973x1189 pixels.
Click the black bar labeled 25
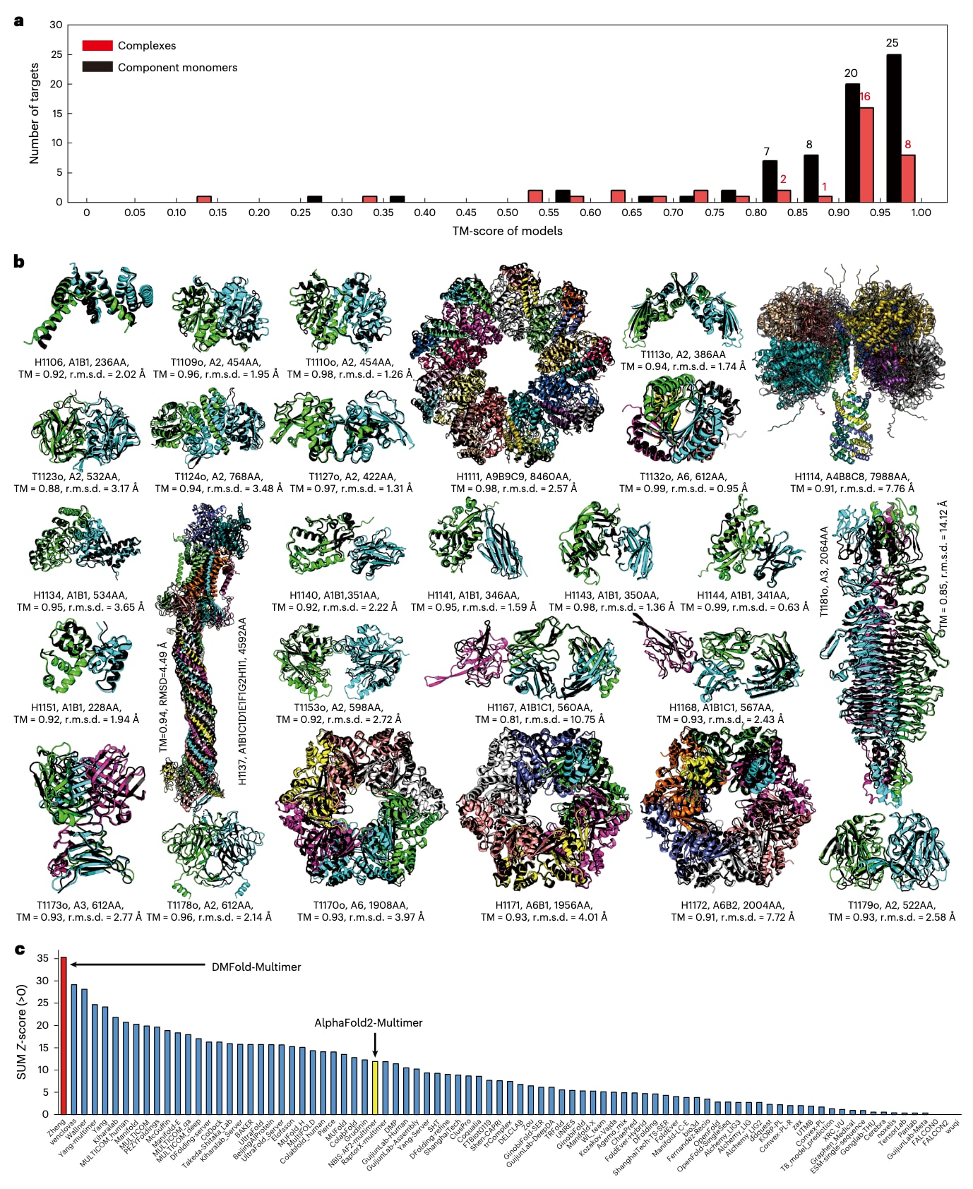coord(893,128)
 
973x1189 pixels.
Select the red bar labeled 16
coord(866,155)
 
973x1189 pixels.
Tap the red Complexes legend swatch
coord(97,46)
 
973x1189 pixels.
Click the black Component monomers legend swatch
coord(97,67)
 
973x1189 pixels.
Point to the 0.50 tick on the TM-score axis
coord(507,213)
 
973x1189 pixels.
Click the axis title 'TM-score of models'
coord(507,231)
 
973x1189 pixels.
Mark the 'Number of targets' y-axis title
coord(34,113)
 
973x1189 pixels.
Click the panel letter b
coord(18,261)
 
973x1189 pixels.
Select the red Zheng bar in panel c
coord(64,1035)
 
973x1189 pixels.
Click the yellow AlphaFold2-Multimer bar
coord(376,1087)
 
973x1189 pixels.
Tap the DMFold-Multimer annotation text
coord(256,967)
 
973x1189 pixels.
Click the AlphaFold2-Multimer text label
coord(368,1022)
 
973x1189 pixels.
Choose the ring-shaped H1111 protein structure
coord(513,365)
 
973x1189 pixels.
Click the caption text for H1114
coord(852,482)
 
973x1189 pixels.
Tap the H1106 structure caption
coord(81,368)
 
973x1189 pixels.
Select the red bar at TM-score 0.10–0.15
coord(204,198)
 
